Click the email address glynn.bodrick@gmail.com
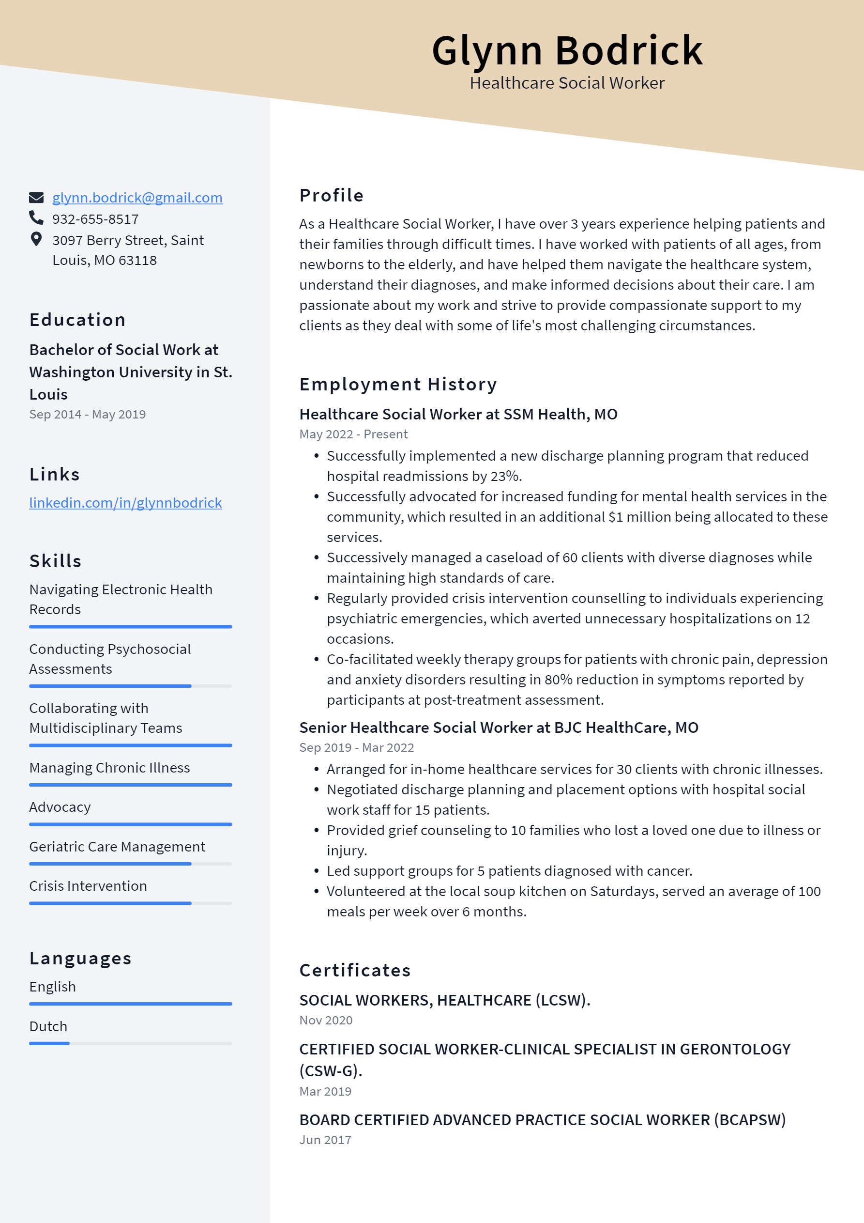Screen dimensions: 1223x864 click(x=137, y=198)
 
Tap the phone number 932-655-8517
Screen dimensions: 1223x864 click(x=95, y=219)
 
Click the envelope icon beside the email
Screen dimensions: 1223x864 click(x=36, y=198)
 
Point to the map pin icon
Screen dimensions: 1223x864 click(x=36, y=239)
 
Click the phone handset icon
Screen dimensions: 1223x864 click(x=36, y=218)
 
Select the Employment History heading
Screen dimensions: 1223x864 click(x=398, y=384)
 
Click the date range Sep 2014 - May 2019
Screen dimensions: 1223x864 click(x=87, y=415)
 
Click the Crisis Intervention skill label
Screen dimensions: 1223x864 click(x=88, y=886)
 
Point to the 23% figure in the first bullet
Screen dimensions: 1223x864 click(x=505, y=476)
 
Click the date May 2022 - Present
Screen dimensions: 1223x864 click(x=353, y=434)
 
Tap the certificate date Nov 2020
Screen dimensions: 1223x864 click(x=325, y=1020)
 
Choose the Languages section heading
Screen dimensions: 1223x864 click(x=80, y=958)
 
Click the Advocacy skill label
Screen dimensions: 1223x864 click(x=60, y=807)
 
